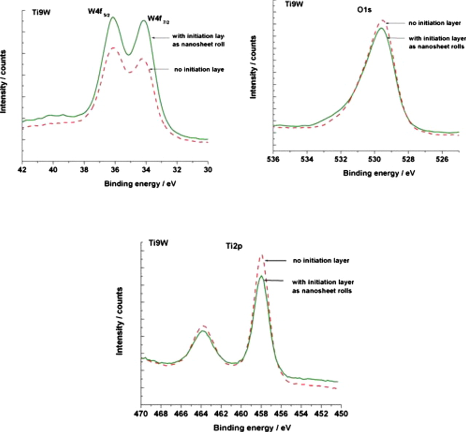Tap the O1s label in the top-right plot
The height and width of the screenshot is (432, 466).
pyautogui.click(x=364, y=10)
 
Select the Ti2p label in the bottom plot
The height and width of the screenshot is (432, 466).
pyautogui.click(x=234, y=247)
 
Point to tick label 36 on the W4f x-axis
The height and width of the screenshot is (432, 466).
pyautogui.click(x=115, y=170)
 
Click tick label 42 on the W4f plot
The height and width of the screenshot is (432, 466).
pyautogui.click(x=22, y=170)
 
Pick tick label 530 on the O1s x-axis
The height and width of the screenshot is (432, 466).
pyautogui.click(x=374, y=159)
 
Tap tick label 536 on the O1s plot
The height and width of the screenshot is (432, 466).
pyautogui.click(x=273, y=159)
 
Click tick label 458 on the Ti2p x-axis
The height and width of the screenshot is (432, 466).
pyautogui.click(x=261, y=414)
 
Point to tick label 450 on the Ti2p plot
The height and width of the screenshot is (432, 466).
pyautogui.click(x=341, y=414)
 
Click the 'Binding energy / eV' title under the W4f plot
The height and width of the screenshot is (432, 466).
pyautogui.click(x=140, y=184)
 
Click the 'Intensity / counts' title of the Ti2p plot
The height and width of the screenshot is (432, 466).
pyautogui.click(x=119, y=321)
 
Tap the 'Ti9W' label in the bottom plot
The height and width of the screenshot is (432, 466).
pyautogui.click(x=158, y=243)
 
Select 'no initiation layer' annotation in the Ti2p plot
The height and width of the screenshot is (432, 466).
pyautogui.click(x=321, y=261)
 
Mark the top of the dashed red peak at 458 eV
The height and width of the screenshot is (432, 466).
pyautogui.click(x=261, y=255)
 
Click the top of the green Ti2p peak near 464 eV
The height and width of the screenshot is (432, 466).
pyautogui.click(x=203, y=331)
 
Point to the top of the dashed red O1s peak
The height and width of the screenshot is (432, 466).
pyautogui.click(x=382, y=20)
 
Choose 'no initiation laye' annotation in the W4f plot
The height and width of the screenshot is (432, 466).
pyautogui.click(x=199, y=70)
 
